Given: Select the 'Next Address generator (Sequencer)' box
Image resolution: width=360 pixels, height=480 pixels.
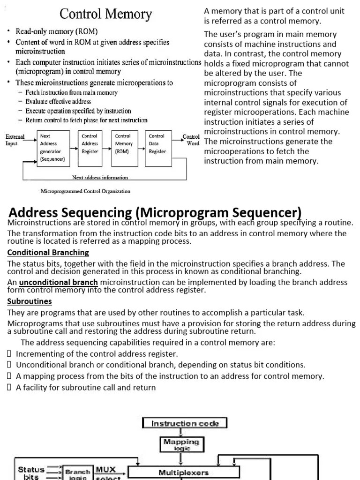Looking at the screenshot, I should point(52,147).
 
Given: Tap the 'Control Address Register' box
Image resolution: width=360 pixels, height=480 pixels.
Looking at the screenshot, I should point(90,144).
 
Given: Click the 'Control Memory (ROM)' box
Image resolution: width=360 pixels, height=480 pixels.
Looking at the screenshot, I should point(124,144).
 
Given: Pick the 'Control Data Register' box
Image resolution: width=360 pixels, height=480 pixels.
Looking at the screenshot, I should point(158,144).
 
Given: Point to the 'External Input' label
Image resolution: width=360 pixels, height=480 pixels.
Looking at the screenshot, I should point(15,140).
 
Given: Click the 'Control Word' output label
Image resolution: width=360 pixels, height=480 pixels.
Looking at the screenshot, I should point(191,140).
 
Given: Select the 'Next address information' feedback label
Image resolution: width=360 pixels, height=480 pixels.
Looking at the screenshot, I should point(100,178).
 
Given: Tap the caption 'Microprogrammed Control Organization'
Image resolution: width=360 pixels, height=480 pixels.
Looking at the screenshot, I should point(86,191).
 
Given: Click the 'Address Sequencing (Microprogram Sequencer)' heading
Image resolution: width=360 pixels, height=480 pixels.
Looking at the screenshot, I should point(155,212).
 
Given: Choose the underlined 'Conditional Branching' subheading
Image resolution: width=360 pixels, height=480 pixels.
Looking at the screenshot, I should point(48,252).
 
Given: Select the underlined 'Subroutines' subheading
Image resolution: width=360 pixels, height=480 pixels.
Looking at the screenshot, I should point(30,301).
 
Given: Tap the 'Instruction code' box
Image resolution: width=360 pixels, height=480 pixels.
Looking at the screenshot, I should point(185,423).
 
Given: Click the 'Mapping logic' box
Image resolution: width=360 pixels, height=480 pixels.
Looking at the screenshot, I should point(181,444).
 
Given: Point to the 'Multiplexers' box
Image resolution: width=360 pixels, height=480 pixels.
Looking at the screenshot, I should point(184,472).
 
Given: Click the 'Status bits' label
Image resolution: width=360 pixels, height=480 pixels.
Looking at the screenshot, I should point(31,472).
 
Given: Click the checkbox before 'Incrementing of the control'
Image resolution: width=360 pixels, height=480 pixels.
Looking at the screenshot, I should point(9,354).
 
